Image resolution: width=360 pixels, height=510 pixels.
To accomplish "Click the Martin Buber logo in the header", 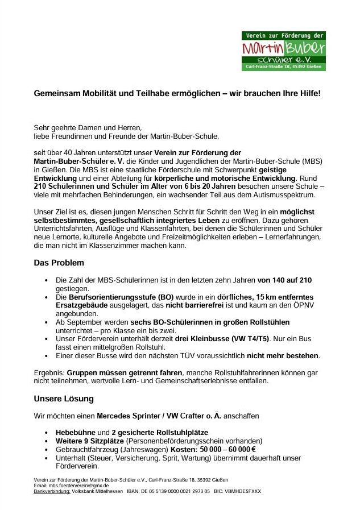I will (x=283, y=51).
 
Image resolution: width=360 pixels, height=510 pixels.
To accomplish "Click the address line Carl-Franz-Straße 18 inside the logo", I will (x=283, y=67).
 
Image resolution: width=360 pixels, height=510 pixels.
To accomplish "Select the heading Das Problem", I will (x=59, y=263).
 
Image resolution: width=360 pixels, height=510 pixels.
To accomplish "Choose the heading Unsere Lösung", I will (x=64, y=399).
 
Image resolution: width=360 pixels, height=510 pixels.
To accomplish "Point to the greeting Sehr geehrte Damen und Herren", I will (x=88, y=127).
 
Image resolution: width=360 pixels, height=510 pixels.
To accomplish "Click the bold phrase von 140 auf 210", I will (x=284, y=280).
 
